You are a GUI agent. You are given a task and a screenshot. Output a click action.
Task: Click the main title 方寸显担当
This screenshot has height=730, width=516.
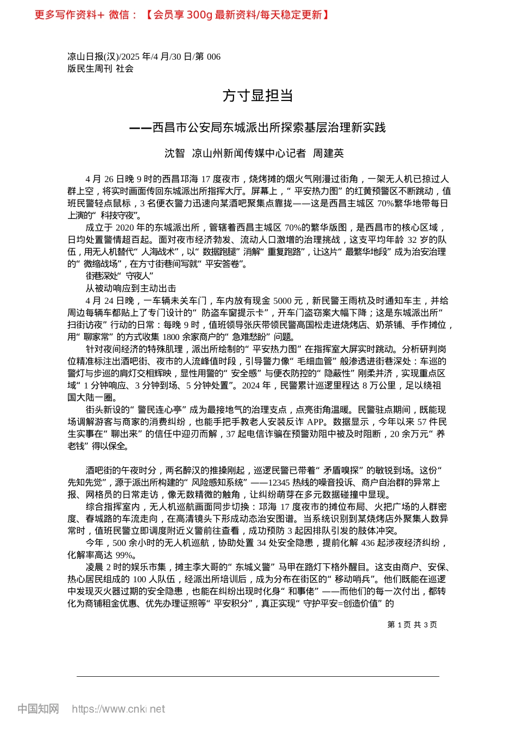257,96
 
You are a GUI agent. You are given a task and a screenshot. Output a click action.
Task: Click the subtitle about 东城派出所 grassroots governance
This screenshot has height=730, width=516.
257,128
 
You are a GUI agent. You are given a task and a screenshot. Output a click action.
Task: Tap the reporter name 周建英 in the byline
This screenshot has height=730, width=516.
328,154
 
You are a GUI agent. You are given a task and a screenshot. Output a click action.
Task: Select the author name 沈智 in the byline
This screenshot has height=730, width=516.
174,154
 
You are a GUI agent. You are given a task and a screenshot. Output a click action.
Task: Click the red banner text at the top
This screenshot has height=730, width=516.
182,15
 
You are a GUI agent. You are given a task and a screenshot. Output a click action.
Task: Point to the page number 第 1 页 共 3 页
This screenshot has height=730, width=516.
412,625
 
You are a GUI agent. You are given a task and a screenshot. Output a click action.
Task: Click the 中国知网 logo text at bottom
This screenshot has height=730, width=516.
38,709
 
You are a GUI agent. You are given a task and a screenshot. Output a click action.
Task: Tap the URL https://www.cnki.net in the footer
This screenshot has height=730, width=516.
118,709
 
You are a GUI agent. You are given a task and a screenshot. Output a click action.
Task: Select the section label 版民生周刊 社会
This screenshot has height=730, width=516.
100,68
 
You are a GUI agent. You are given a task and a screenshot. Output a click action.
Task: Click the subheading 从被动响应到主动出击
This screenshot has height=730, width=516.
131,288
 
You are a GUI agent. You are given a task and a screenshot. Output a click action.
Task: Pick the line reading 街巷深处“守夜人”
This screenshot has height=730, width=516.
119,276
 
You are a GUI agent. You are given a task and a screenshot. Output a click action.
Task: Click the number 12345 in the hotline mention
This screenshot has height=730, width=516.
279,482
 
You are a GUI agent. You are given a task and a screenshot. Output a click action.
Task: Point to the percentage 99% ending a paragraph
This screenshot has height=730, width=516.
125,555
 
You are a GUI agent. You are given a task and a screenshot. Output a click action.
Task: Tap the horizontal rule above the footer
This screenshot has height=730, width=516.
257,676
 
